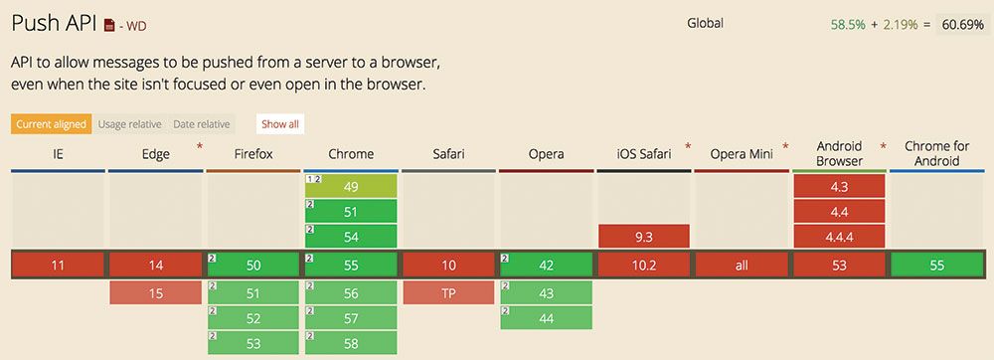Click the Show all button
[x=279, y=124]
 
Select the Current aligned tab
[x=51, y=124]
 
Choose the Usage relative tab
[x=129, y=124]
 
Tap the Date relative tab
[x=202, y=124]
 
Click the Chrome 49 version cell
[x=351, y=186]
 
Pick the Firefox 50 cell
[x=252, y=266]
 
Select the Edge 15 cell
[x=155, y=292]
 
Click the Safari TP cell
[x=448, y=292]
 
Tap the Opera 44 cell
[x=546, y=318]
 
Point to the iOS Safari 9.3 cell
[x=644, y=238]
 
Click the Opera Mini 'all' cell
[x=741, y=266]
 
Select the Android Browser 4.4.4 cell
[x=839, y=238]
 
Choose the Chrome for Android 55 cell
[x=937, y=266]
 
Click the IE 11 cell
[x=58, y=266]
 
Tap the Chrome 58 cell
[x=351, y=343]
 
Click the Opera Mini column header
[x=741, y=154]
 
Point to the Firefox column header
[x=252, y=154]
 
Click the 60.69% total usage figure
[x=962, y=23]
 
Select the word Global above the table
[x=705, y=23]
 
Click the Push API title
[x=55, y=22]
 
